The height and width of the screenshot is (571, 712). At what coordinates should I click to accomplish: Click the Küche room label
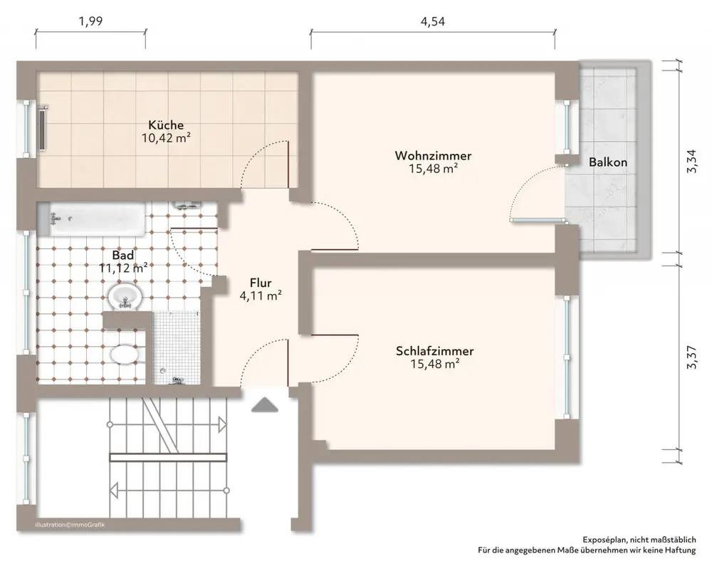pyautogui.click(x=166, y=125)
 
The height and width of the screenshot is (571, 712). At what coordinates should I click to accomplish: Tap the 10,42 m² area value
pyautogui.click(x=166, y=138)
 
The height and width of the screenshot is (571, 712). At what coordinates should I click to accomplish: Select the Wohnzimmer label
pyautogui.click(x=433, y=156)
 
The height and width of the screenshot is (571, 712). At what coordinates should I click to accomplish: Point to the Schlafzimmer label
pyautogui.click(x=434, y=351)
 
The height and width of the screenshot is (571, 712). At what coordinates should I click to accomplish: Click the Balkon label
pyautogui.click(x=608, y=162)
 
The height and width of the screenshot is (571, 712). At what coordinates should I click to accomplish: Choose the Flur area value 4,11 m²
pyautogui.click(x=261, y=296)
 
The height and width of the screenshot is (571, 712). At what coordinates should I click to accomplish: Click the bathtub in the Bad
pyautogui.click(x=97, y=219)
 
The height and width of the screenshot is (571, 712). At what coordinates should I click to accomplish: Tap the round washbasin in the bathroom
pyautogui.click(x=125, y=296)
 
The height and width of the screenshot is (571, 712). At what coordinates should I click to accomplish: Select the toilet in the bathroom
pyautogui.click(x=125, y=355)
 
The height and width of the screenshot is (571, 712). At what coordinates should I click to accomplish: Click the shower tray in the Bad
pyautogui.click(x=176, y=347)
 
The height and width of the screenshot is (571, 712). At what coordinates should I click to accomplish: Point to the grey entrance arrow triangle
pyautogui.click(x=265, y=405)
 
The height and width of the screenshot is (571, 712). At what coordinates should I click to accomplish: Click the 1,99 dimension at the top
pyautogui.click(x=91, y=21)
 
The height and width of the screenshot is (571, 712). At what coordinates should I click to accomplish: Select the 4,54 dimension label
pyautogui.click(x=433, y=21)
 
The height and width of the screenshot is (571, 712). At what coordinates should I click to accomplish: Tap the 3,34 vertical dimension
pyautogui.click(x=691, y=162)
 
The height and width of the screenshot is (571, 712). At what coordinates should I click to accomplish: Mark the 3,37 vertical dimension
pyautogui.click(x=691, y=357)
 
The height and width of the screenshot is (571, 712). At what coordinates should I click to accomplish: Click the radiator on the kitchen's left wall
pyautogui.click(x=43, y=128)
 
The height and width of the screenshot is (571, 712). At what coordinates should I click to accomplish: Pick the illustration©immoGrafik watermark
pyautogui.click(x=70, y=525)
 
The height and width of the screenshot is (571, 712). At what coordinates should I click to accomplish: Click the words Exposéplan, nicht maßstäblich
pyautogui.click(x=639, y=540)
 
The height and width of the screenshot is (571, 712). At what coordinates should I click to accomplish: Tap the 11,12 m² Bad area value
pyautogui.click(x=123, y=268)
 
